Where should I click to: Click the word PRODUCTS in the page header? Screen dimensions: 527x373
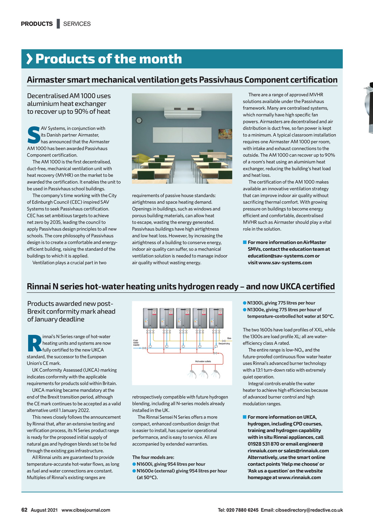click(37, 24)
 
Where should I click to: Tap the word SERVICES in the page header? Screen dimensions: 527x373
click(77, 24)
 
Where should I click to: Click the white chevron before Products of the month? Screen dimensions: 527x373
click(29, 59)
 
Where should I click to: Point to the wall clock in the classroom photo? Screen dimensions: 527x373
click(139, 120)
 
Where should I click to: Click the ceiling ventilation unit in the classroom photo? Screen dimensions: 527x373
click(182, 112)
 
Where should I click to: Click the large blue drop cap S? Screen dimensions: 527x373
click(34, 135)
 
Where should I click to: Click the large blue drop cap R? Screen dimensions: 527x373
click(34, 343)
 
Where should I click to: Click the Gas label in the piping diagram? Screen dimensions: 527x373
click(229, 338)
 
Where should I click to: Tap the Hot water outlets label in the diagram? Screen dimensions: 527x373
click(203, 361)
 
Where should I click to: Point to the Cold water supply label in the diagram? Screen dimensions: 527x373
click(136, 342)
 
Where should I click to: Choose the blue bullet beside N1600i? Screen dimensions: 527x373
click(134, 464)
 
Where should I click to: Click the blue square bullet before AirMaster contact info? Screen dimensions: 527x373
click(245, 242)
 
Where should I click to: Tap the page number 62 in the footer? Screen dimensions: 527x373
click(24, 510)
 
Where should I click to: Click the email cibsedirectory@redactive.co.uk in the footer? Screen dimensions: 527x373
click(309, 510)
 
